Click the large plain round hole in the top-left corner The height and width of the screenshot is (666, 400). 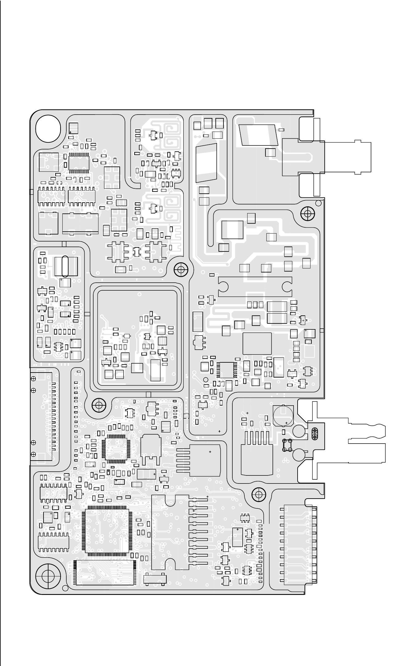(x=48, y=129)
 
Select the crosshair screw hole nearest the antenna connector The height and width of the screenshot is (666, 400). (x=307, y=213)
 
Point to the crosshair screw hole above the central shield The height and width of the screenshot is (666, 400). (x=181, y=270)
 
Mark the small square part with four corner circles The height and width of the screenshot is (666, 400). (x=287, y=445)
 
